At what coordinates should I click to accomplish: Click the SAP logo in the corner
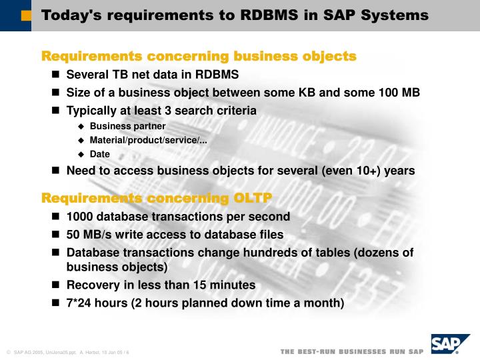(x=447, y=345)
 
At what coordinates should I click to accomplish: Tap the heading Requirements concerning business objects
(x=199, y=56)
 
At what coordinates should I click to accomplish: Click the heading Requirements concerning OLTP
(x=157, y=198)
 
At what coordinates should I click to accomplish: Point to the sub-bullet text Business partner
(x=127, y=126)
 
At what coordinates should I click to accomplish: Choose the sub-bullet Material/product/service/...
(x=148, y=140)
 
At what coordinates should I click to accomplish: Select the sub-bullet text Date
(x=99, y=154)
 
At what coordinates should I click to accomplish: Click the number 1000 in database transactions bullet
(x=81, y=217)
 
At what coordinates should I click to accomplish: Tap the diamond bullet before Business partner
(x=81, y=127)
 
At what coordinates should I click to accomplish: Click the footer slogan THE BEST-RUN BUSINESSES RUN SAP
(x=351, y=351)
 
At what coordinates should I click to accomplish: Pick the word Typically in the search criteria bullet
(x=93, y=110)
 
